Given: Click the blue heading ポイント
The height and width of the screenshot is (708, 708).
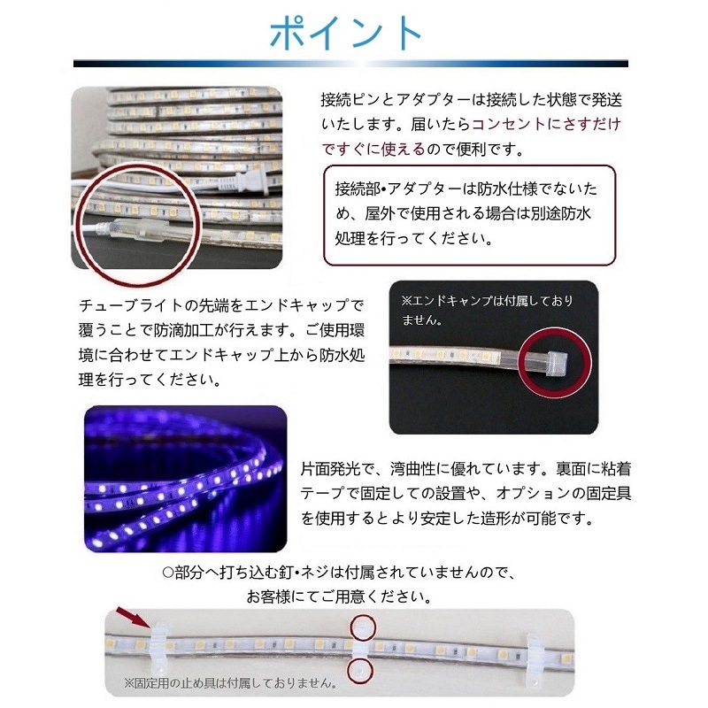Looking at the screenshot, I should pyautogui.click(x=347, y=32).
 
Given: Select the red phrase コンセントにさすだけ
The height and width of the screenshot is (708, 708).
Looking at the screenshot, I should pyautogui.click(x=546, y=124).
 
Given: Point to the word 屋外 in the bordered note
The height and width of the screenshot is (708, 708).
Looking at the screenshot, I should pyautogui.click(x=398, y=214).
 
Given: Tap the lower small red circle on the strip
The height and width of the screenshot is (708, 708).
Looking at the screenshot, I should pyautogui.click(x=359, y=672).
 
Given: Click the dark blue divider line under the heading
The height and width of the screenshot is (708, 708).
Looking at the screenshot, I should pyautogui.click(x=350, y=64).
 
